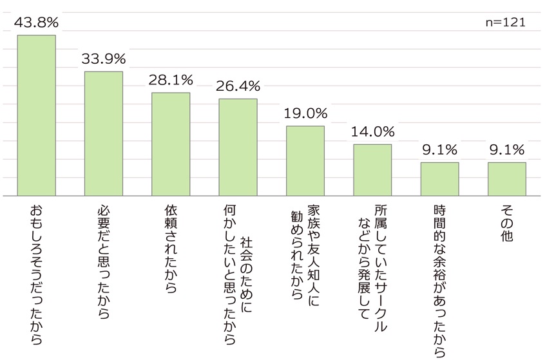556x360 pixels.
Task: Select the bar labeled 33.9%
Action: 104,133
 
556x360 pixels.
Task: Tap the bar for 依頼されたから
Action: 171,144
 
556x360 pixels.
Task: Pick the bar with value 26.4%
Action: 238,147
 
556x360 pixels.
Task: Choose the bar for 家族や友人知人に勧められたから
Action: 305,160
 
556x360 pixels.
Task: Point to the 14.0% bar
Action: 372,169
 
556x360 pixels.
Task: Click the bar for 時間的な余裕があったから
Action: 439,178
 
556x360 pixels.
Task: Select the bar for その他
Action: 507,178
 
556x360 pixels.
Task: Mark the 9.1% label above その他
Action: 507,150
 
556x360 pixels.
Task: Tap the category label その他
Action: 507,223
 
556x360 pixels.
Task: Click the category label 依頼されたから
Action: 171,249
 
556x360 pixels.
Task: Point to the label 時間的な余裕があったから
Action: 439,279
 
